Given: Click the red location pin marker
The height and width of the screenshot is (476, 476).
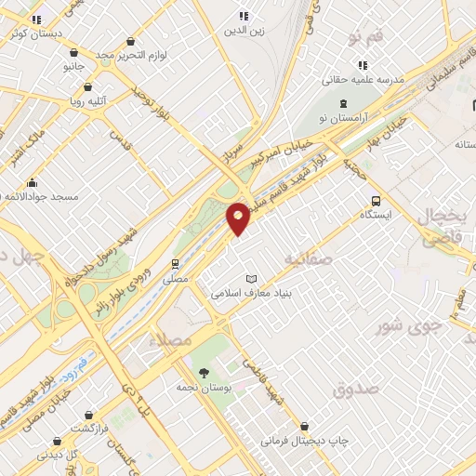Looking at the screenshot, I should (x=238, y=218).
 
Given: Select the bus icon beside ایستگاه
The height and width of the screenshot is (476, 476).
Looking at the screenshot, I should (x=376, y=201).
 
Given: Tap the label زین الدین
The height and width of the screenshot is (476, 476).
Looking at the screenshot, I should (x=244, y=30).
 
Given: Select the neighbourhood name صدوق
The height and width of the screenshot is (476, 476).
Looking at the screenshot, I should (x=357, y=388).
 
